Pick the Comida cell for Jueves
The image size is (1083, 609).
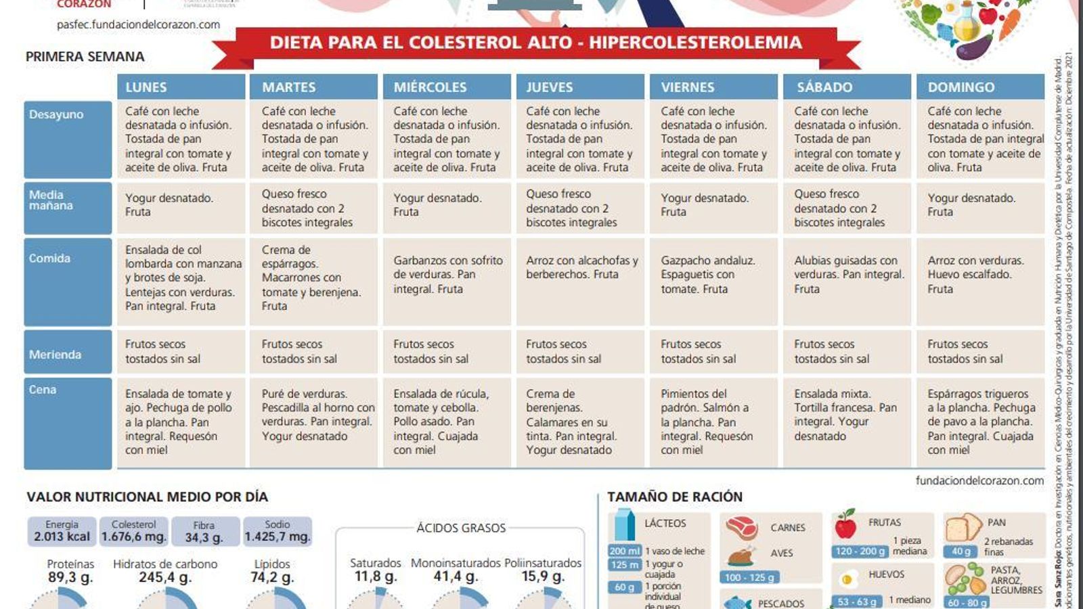tap(580, 281)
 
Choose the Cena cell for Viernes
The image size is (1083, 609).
tap(713, 422)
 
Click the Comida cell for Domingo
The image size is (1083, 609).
tap(980, 281)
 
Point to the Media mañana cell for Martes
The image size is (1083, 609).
tap(313, 208)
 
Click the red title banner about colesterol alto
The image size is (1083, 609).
tap(535, 43)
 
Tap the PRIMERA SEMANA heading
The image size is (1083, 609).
tap(85, 57)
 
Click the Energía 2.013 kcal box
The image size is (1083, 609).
tap(62, 531)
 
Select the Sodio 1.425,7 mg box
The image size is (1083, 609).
tap(278, 531)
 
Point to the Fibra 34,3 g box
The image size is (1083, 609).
tap(204, 531)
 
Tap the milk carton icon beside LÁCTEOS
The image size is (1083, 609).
tap(624, 525)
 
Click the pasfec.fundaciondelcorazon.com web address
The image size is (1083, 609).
tap(138, 24)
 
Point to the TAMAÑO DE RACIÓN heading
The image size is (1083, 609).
tap(674, 497)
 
